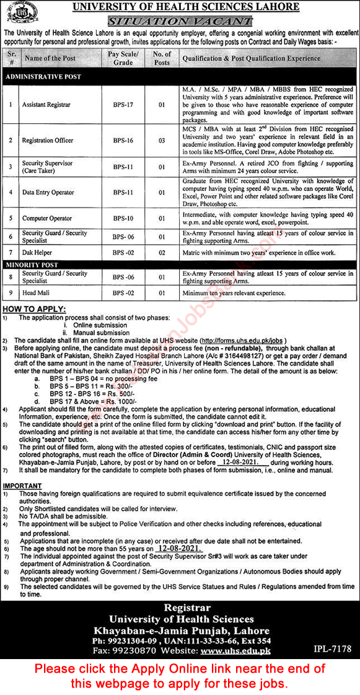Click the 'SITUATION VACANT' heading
pyautogui.click(x=185, y=20)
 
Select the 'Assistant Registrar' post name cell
pyautogui.click(x=47, y=105)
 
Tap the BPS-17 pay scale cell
pyautogui.click(x=123, y=105)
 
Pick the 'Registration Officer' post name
pyautogui.click(x=47, y=141)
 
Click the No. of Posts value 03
pyautogui.click(x=161, y=141)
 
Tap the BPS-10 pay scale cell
pyautogui.click(x=123, y=218)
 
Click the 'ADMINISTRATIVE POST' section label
pyautogui.click(x=43, y=76)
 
